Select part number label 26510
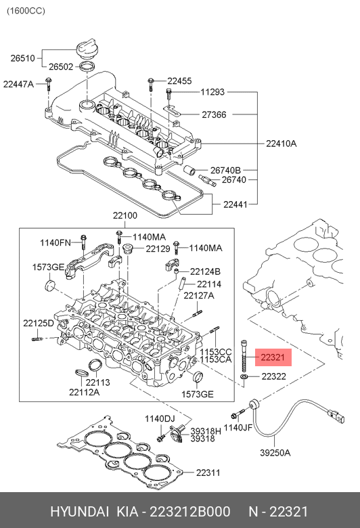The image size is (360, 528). pyautogui.click(x=22, y=58)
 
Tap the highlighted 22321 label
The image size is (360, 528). pyautogui.click(x=273, y=357)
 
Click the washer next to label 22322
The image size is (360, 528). pyautogui.click(x=244, y=376)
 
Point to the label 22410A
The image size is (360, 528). pyautogui.click(x=282, y=144)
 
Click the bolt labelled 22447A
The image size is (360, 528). pyautogui.click(x=49, y=84)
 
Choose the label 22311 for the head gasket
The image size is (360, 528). pyautogui.click(x=208, y=472)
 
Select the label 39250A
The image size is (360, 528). pyautogui.click(x=275, y=453)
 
